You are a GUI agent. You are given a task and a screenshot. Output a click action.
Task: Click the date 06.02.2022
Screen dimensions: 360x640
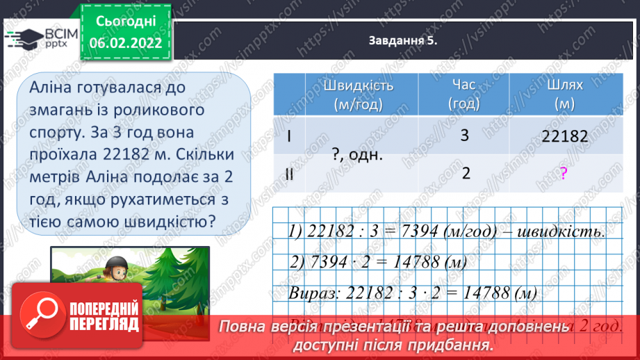pyautogui.click(x=126, y=43)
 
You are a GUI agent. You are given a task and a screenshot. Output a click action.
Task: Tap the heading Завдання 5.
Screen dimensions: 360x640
pyautogui.click(x=402, y=41)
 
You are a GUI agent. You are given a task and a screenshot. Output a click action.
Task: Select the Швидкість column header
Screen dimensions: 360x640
pyautogui.click(x=358, y=95)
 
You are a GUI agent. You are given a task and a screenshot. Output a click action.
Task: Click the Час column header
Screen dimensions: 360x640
pyautogui.click(x=463, y=95)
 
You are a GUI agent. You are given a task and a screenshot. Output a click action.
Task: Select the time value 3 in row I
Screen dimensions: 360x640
pyautogui.click(x=463, y=136)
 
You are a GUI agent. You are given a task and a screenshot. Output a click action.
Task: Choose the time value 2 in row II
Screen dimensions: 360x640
pyautogui.click(x=463, y=174)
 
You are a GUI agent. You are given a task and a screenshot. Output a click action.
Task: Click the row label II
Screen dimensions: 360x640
pyautogui.click(x=290, y=175)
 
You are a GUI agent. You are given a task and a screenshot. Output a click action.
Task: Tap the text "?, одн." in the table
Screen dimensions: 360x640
pyautogui.click(x=358, y=155)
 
